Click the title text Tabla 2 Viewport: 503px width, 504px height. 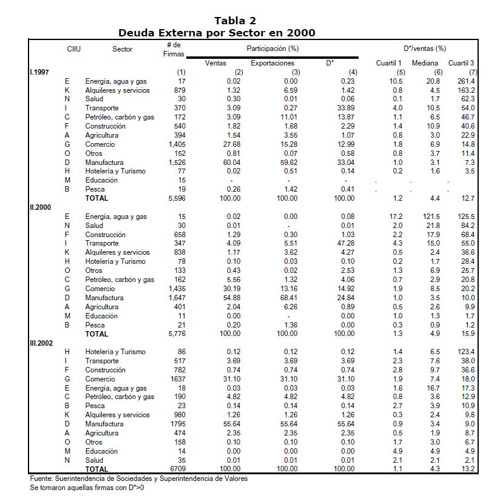coord(235,21)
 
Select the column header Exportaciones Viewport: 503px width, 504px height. coord(272,63)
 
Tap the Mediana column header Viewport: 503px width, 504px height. coord(425,63)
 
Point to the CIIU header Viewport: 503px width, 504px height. coord(73,49)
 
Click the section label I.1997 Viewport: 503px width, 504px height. coord(40,72)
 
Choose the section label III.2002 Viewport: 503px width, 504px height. coord(41,343)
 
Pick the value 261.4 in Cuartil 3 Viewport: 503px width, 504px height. coord(466,81)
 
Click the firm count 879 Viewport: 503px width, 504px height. coord(180,90)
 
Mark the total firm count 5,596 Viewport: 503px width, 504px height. coord(177,198)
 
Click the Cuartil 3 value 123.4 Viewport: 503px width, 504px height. coord(466,352)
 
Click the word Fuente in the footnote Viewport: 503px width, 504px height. coord(41,479)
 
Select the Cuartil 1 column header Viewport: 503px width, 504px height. coord(388,63)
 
